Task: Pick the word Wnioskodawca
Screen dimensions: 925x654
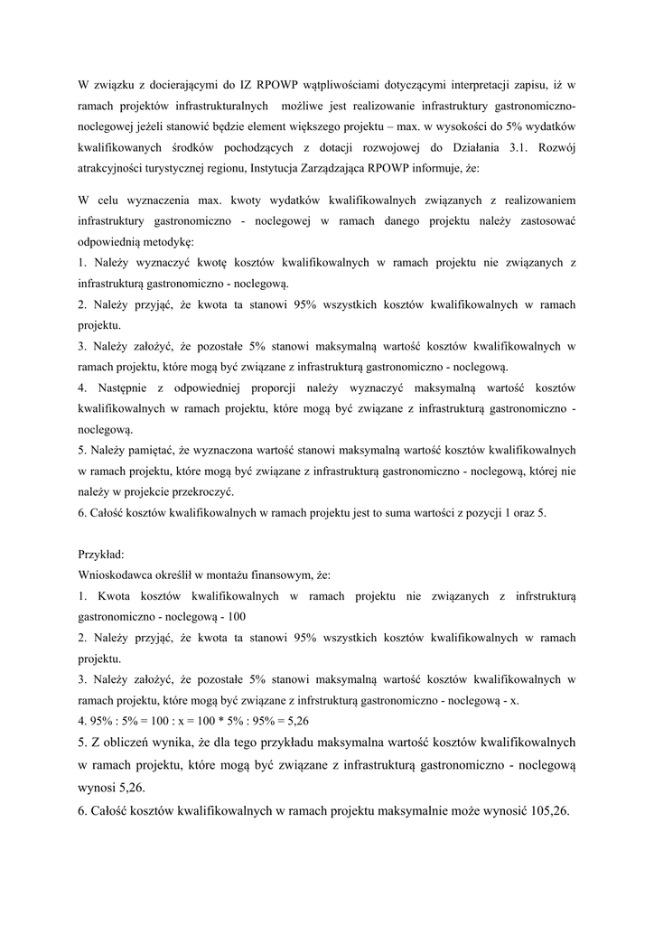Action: pyautogui.click(x=118, y=575)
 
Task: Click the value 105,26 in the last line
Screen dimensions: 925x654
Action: pyautogui.click(x=547, y=811)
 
